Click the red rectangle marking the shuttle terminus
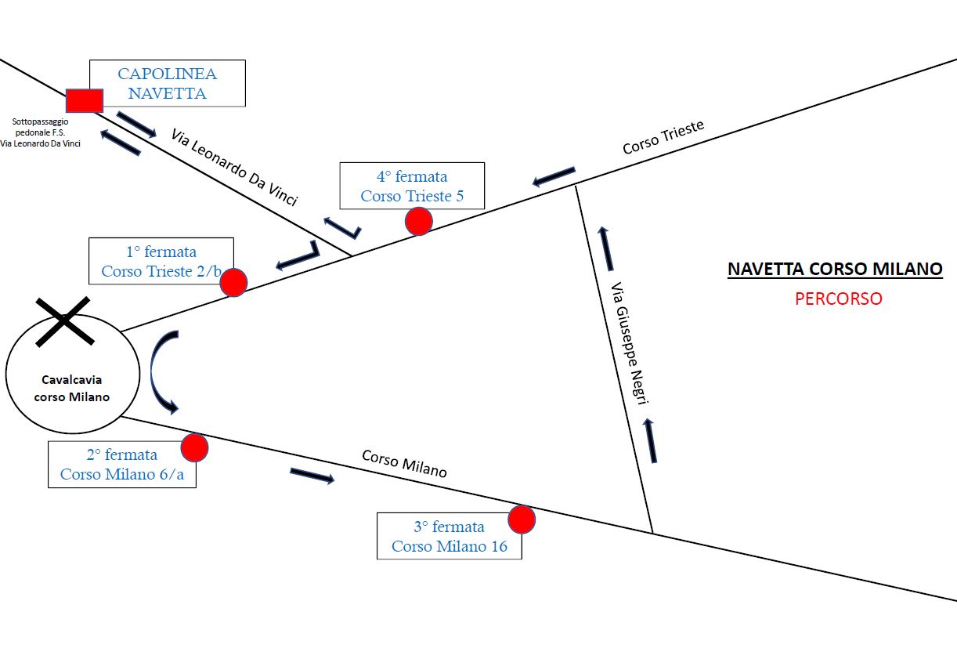(x=84, y=100)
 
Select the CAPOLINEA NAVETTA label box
(x=167, y=84)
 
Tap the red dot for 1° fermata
(x=233, y=282)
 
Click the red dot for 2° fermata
(x=194, y=447)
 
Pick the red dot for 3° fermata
(x=522, y=519)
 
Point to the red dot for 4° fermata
(x=419, y=222)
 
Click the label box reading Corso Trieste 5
(x=412, y=186)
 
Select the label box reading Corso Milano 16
(x=449, y=536)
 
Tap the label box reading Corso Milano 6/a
(x=121, y=465)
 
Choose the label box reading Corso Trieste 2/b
(x=161, y=261)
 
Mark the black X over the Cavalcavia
(x=65, y=320)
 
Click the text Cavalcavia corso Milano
(x=72, y=388)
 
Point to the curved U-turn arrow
(x=164, y=372)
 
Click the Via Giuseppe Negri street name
(x=629, y=343)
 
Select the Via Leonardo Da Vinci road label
(x=234, y=167)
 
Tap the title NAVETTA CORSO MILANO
(x=835, y=270)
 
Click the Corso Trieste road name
(x=663, y=136)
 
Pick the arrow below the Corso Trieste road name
(x=554, y=176)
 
